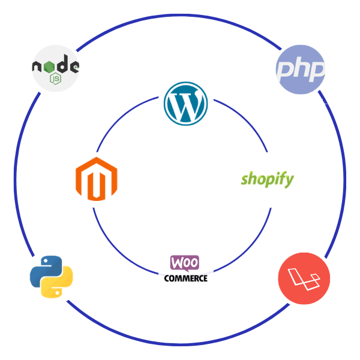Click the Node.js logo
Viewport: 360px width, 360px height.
click(56, 68)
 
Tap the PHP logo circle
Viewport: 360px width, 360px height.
click(301, 70)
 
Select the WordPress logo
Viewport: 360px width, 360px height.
click(186, 104)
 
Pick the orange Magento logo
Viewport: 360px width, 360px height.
click(97, 179)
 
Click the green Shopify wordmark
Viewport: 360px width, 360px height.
click(267, 179)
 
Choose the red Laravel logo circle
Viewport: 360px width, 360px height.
click(304, 278)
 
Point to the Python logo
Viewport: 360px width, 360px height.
click(52, 277)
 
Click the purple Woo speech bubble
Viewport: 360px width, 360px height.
click(185, 263)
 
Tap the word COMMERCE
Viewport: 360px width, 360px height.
click(186, 278)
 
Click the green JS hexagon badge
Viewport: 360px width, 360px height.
click(56, 79)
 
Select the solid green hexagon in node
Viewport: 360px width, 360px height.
click(49, 67)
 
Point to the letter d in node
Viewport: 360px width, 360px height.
click(62, 64)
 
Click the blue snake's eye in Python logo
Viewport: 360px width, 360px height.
click(46, 261)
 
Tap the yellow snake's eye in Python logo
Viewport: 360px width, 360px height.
click(57, 293)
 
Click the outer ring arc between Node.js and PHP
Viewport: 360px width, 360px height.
click(179, 15)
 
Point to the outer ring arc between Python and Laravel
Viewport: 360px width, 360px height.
click(178, 344)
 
